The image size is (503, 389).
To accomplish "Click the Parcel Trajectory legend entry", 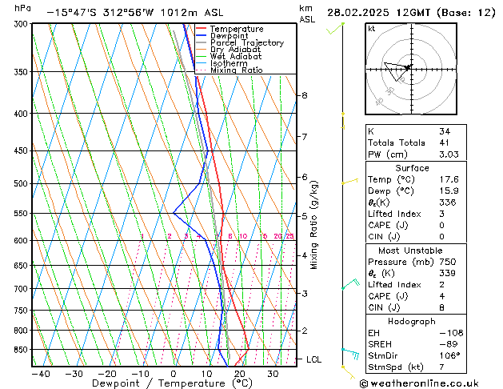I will point(246,42).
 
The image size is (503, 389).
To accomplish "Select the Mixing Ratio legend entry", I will point(236,70).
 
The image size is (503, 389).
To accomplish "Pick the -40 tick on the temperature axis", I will point(41,374).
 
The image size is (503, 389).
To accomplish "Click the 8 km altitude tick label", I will point(305,95).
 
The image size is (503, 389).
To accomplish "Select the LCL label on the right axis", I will point(313,360).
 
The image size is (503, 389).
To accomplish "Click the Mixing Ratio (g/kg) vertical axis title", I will point(313,225).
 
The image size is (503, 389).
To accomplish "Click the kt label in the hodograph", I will point(371,29).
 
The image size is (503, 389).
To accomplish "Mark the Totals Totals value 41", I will point(444,142).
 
